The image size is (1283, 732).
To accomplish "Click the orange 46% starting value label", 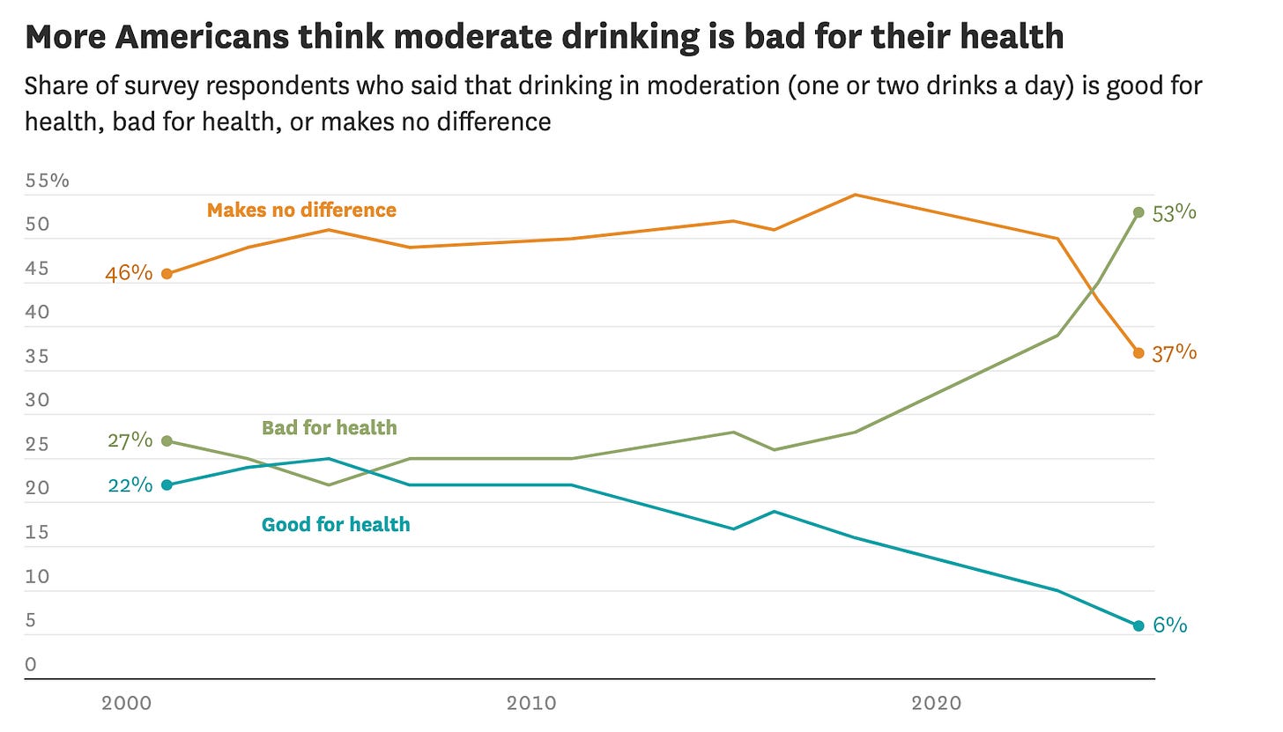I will tap(129, 273).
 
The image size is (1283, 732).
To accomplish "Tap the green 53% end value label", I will tap(1174, 212).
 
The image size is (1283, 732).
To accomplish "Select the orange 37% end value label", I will tap(1174, 353).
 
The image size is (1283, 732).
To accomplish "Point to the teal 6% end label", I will tap(1169, 625).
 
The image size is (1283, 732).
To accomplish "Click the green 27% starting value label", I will tap(130, 440).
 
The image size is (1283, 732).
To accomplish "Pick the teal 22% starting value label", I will tap(130, 484).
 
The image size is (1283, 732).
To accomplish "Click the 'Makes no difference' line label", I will tap(301, 210).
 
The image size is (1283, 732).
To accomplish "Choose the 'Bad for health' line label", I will tap(330, 428).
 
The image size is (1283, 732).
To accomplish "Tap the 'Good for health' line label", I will tap(336, 525).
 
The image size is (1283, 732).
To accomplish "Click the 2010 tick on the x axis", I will tap(531, 703).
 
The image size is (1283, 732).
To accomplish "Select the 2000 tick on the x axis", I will tap(127, 703).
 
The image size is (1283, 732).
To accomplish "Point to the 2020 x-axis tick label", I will tap(936, 703).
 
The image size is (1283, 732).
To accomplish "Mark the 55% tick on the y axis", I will tap(48, 181).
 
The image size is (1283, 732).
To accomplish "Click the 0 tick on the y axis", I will tap(31, 664).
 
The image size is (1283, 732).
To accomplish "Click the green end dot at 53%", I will tap(1138, 212).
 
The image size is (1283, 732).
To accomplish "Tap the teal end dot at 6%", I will tap(1138, 625).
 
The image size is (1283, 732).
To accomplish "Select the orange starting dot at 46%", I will tap(167, 274).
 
